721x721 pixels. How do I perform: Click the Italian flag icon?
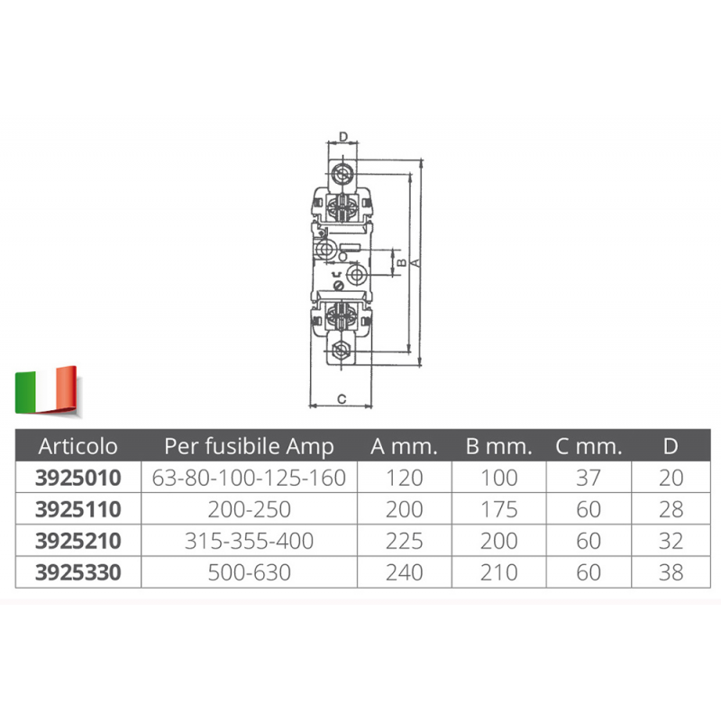pos(46,390)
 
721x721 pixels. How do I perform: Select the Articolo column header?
pos(78,446)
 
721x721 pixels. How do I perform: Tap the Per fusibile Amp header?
pos(249,446)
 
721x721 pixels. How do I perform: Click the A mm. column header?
pos(404,446)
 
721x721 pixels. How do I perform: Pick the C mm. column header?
pos(589,446)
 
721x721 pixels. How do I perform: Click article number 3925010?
pos(78,478)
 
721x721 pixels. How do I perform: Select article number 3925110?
pos(78,509)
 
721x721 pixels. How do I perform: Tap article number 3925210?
pos(78,541)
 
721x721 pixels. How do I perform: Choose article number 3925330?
pos(78,572)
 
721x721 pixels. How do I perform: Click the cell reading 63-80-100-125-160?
pos(249,478)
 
